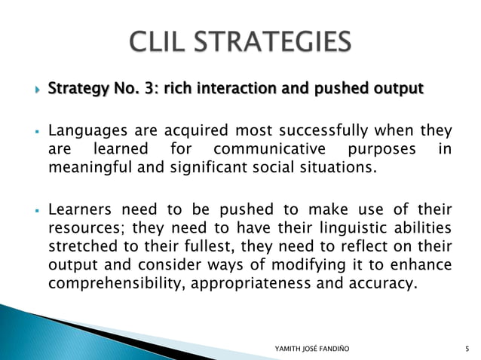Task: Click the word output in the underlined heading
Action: coord(397,90)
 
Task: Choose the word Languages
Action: coord(84,132)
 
